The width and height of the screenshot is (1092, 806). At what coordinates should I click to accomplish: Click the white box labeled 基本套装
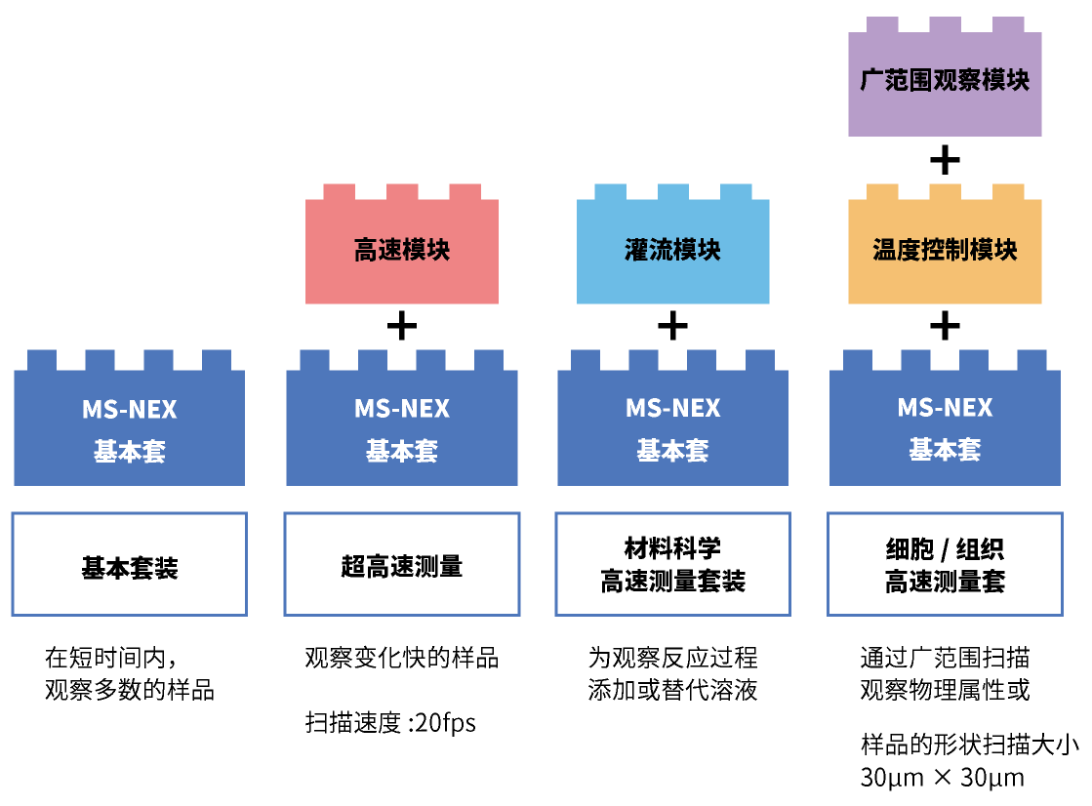(x=130, y=565)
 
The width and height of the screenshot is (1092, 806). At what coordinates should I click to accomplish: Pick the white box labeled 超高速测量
(x=402, y=565)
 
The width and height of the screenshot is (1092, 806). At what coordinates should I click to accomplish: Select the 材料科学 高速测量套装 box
(x=673, y=565)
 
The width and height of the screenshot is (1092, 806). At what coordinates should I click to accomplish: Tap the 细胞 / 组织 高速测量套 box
(x=945, y=565)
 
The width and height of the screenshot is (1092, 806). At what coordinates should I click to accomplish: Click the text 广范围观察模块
(x=945, y=80)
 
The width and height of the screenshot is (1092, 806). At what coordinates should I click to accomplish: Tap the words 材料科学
(x=673, y=547)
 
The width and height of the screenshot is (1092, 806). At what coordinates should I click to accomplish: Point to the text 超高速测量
(x=402, y=566)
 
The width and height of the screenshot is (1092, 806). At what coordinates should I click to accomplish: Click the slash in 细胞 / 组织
(x=944, y=550)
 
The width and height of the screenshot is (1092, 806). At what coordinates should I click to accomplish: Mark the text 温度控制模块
(x=945, y=250)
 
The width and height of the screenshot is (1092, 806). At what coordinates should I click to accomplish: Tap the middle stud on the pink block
(x=402, y=191)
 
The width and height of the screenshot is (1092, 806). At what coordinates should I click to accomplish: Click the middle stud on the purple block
(x=945, y=24)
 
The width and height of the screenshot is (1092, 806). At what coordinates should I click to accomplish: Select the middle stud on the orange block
(x=945, y=191)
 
